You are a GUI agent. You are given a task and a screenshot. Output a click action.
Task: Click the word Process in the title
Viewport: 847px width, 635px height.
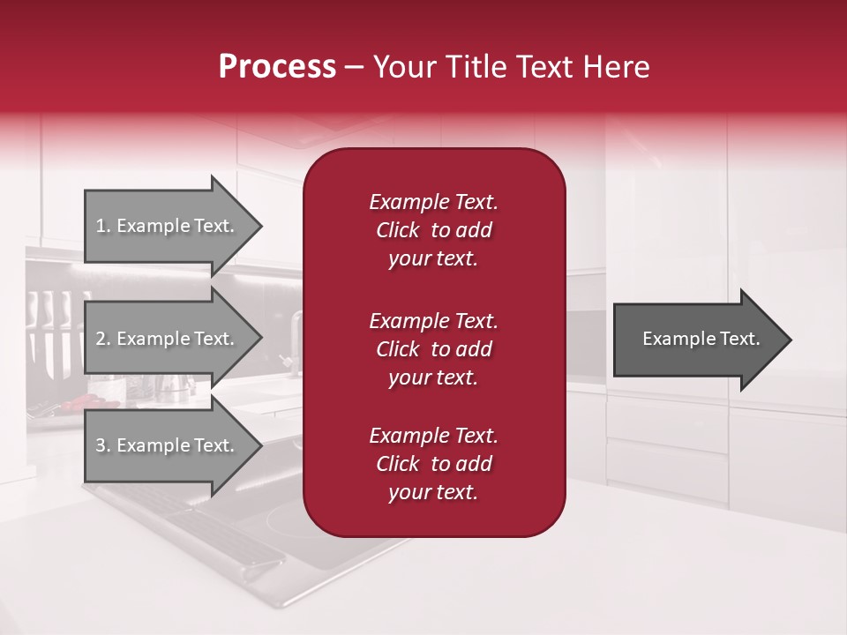point(277,67)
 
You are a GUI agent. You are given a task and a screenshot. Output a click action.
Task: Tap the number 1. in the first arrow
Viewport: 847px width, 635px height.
point(103,226)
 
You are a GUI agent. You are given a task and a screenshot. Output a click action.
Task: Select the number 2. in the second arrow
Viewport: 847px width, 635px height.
point(103,339)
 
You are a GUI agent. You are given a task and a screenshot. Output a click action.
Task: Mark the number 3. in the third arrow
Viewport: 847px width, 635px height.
point(103,445)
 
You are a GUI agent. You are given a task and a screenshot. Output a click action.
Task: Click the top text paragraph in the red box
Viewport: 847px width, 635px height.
point(433,230)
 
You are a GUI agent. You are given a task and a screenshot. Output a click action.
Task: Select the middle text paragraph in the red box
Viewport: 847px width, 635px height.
point(433,349)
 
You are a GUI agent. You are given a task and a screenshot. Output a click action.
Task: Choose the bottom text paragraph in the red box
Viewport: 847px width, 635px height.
point(433,464)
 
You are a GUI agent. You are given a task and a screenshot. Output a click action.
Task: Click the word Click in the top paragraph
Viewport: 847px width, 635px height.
point(398,230)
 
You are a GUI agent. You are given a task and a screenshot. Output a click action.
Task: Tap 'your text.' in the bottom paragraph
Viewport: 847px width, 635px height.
point(433,493)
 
